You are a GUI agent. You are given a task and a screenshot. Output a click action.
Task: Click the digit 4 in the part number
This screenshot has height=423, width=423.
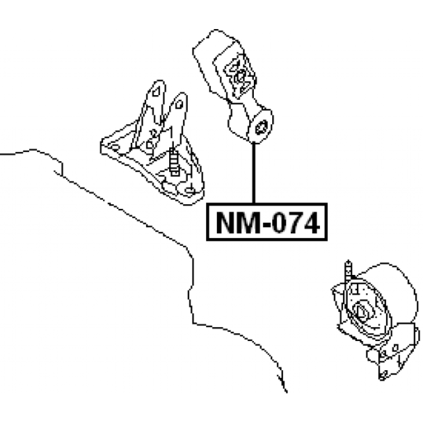312,223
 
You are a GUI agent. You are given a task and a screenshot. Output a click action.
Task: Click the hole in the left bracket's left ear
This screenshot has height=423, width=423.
156,92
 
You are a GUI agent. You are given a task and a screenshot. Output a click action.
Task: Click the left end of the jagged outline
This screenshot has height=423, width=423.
2,153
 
